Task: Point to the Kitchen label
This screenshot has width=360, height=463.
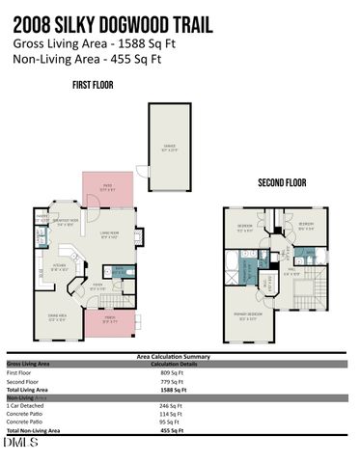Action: [59, 264]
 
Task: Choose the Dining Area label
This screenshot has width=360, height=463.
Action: [57, 315]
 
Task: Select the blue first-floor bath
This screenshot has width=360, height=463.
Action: [120, 272]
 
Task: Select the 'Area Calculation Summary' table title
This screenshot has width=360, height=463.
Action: [179, 356]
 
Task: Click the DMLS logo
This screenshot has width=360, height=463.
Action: [20, 442]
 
